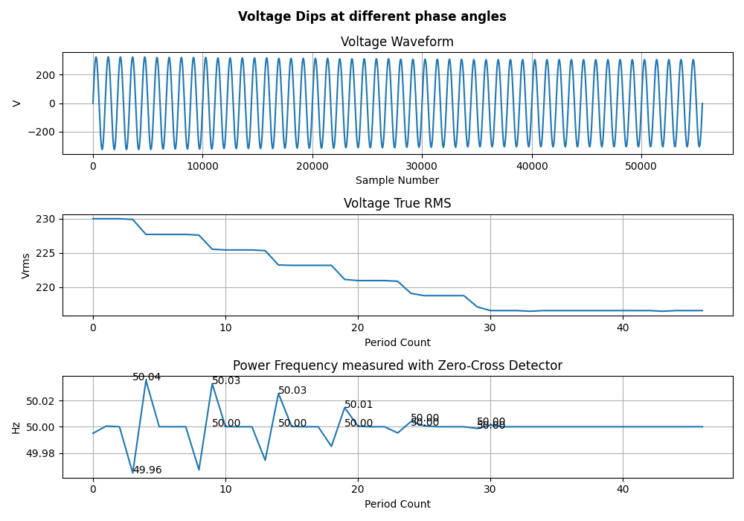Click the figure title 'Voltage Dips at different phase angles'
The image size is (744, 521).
point(372,16)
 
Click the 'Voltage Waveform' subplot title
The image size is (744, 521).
point(397,42)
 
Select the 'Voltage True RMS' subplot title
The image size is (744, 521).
point(397,203)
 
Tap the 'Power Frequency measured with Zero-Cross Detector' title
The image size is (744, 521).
point(397,365)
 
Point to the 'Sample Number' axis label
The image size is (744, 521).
point(397,180)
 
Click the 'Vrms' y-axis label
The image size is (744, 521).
point(26,266)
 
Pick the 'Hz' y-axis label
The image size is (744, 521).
point(16,427)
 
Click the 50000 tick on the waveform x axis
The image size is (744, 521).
point(641,167)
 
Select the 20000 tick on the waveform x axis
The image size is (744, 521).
point(312,167)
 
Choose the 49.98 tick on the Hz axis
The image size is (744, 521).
point(41,453)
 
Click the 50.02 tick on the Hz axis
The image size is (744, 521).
point(41,400)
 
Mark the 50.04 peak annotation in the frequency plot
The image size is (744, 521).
point(147,377)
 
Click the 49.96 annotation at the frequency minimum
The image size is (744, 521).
point(147,470)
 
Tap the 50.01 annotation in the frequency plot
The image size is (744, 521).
point(359,405)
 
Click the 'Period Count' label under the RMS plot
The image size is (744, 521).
point(397,342)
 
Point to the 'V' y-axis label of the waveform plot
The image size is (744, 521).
point(16,103)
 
